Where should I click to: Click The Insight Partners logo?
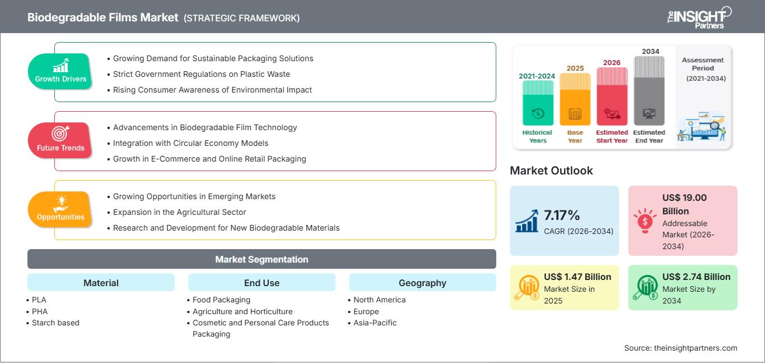click(699, 17)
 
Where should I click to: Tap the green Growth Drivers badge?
click(60, 71)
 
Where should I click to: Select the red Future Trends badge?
click(60, 140)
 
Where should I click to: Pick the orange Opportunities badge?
click(60, 209)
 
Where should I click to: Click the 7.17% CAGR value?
click(562, 215)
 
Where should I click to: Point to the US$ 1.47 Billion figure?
click(577, 277)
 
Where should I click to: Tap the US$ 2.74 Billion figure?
click(696, 277)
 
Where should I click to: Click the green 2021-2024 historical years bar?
click(538, 103)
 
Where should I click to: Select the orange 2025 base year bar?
click(575, 99)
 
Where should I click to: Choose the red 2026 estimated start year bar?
click(612, 96)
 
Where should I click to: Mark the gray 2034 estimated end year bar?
click(649, 91)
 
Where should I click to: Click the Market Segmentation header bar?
click(262, 259)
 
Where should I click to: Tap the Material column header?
click(101, 283)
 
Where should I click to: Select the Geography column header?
click(422, 283)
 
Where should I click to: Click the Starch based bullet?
click(53, 323)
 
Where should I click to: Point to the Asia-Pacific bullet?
click(372, 323)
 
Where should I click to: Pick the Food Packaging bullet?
click(219, 300)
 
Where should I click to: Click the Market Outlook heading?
click(551, 171)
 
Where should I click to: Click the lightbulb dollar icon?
click(645, 220)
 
